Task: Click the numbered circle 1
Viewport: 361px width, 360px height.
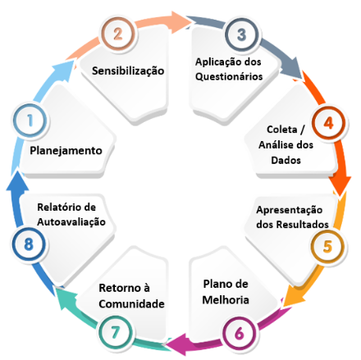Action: pyautogui.click(x=30, y=121)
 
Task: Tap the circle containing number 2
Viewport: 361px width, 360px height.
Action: pyautogui.click(x=118, y=34)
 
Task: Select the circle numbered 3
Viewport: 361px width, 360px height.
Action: pyautogui.click(x=241, y=34)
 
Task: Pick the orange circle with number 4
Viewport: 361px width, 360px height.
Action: pyautogui.click(x=328, y=123)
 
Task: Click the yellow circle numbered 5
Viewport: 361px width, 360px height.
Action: pyautogui.click(x=327, y=247)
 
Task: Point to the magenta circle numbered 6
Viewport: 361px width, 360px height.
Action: pyautogui.click(x=240, y=333)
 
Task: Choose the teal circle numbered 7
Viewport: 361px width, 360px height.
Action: pyautogui.click(x=116, y=332)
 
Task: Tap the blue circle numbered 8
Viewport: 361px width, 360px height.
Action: pyautogui.click(x=29, y=244)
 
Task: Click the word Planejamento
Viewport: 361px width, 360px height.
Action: pyautogui.click(x=66, y=151)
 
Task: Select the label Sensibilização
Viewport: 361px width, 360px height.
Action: pyautogui.click(x=128, y=71)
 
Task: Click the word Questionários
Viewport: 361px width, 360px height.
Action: pyautogui.click(x=229, y=76)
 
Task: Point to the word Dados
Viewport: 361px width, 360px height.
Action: pyautogui.click(x=286, y=160)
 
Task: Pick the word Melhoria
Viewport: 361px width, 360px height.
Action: pyautogui.click(x=226, y=300)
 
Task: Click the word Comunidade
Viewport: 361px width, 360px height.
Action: pyautogui.click(x=131, y=303)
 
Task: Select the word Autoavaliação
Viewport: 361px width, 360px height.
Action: pyautogui.click(x=71, y=221)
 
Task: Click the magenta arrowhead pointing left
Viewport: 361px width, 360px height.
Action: pyautogui.click(x=176, y=344)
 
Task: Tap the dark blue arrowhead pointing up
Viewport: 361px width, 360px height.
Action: pyautogui.click(x=17, y=181)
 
